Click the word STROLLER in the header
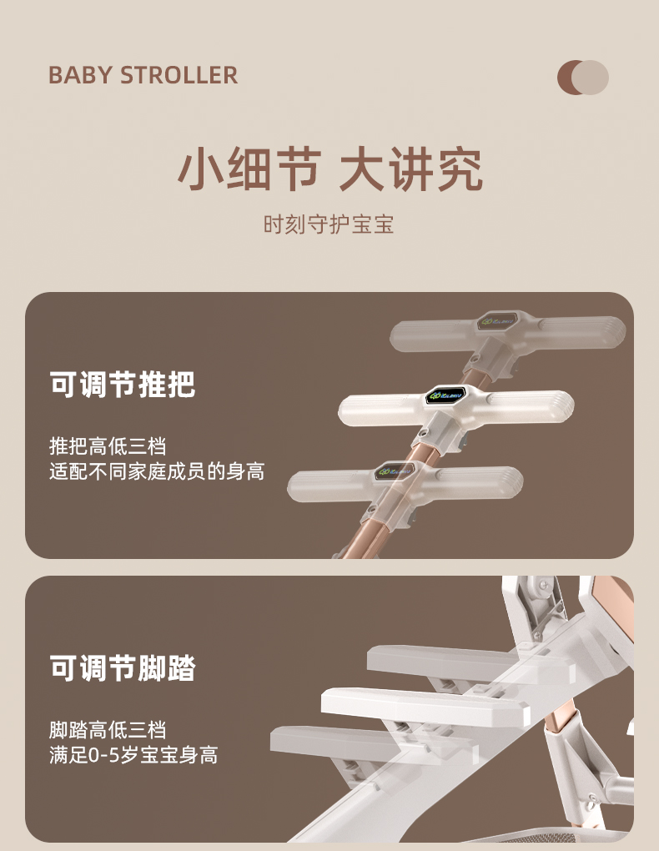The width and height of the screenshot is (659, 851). click(x=179, y=75)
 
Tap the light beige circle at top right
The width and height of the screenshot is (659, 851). click(x=591, y=78)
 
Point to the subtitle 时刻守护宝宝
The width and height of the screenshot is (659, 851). click(x=329, y=224)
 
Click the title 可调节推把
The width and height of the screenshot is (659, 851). click(x=122, y=385)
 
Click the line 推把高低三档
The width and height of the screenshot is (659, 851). click(x=108, y=446)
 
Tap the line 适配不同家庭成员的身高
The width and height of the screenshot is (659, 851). click(x=157, y=471)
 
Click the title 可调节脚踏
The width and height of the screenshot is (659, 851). click(x=122, y=667)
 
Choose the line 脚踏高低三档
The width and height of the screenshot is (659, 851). click(x=108, y=730)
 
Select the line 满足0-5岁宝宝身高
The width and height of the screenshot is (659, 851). click(x=133, y=755)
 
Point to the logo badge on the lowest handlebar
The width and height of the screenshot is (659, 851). click(x=395, y=471)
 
